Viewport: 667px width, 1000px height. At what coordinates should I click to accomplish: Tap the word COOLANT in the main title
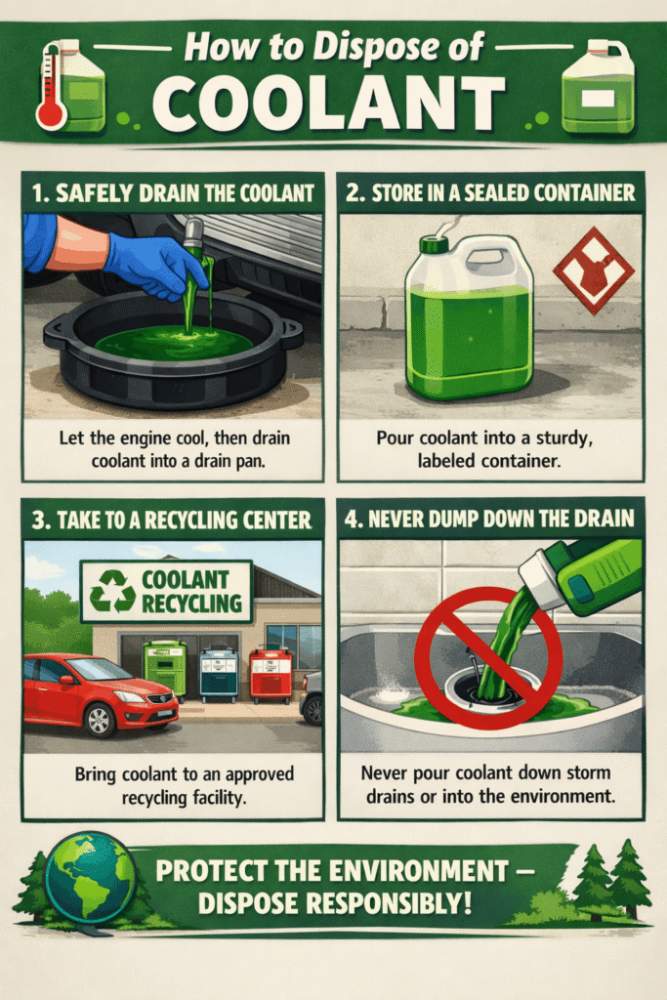(x=328, y=104)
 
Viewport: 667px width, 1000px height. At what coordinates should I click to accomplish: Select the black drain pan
(x=173, y=348)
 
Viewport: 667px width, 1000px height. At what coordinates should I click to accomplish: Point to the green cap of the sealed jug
(x=434, y=244)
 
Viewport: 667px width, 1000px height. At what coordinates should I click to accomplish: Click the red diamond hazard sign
(x=594, y=271)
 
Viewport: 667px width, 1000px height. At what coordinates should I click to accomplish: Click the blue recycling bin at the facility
(x=219, y=674)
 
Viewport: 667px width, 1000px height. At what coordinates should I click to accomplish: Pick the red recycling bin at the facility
(x=271, y=676)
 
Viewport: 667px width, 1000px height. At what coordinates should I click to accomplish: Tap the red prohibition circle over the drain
(x=488, y=659)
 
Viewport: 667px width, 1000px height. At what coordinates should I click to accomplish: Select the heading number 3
(x=39, y=520)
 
